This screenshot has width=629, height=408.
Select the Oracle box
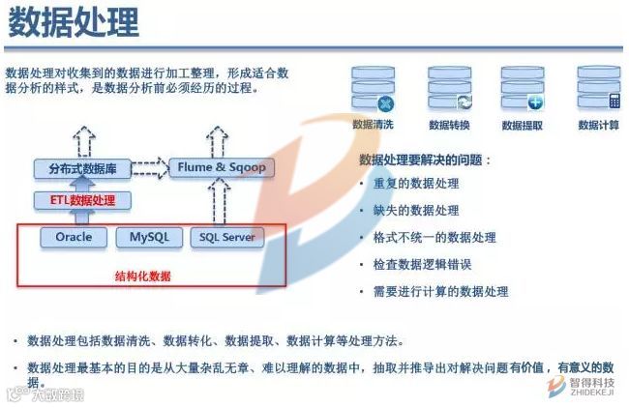(x=74, y=237)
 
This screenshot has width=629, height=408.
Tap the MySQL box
(x=148, y=237)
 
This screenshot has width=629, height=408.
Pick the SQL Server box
(x=225, y=237)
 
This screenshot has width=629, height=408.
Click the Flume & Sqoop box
(x=222, y=167)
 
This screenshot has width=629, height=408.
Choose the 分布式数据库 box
(x=83, y=168)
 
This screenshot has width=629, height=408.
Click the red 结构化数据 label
(x=142, y=276)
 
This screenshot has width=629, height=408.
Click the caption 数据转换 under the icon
(x=449, y=125)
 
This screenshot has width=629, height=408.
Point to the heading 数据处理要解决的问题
(x=425, y=160)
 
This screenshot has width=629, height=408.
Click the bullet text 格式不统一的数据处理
(x=434, y=237)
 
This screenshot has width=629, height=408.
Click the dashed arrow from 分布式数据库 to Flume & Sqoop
(x=148, y=168)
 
